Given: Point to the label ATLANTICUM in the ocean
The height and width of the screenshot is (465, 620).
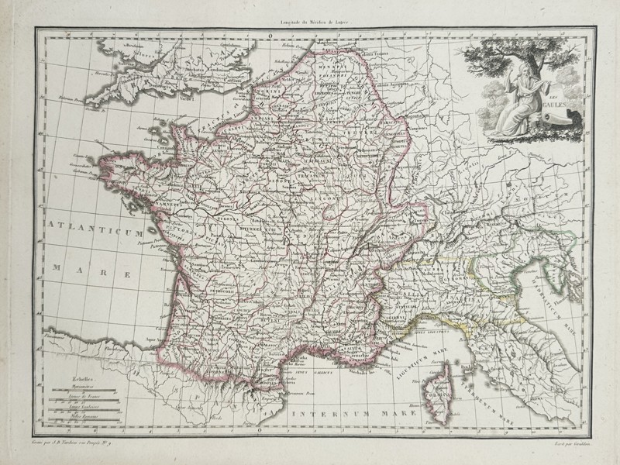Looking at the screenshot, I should tap(94, 229).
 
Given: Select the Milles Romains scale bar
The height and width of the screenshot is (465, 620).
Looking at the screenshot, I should tap(77, 424).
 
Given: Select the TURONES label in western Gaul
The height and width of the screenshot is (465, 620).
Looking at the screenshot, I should tap(228, 219).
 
